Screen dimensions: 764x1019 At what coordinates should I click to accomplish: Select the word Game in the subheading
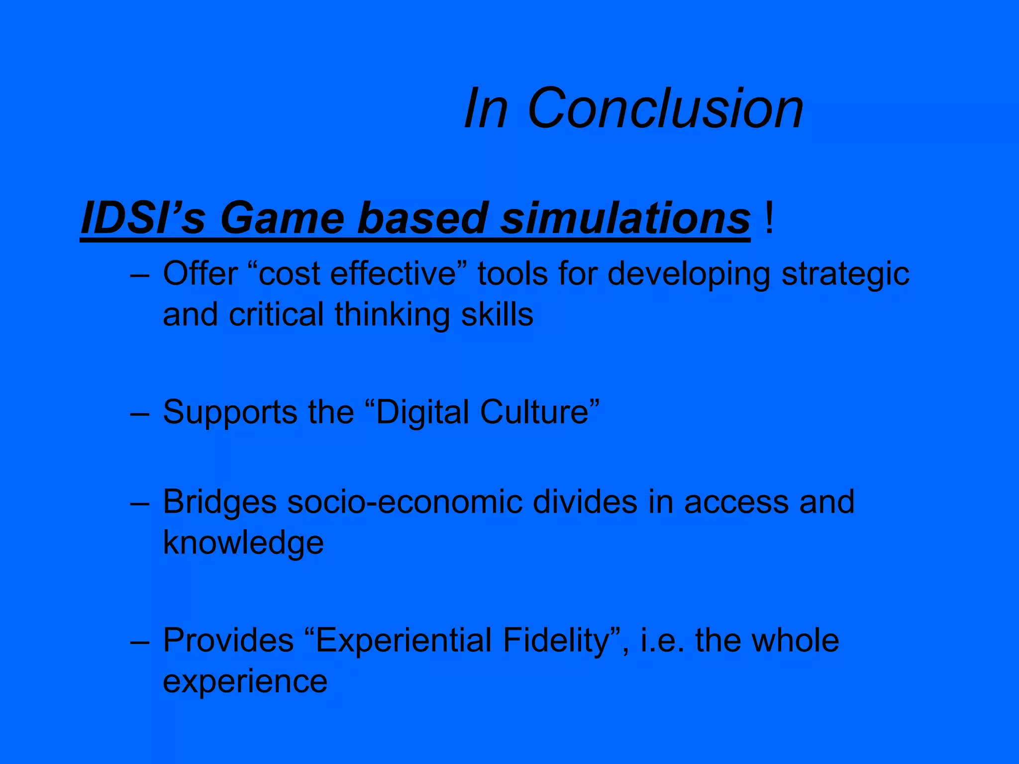(x=282, y=218)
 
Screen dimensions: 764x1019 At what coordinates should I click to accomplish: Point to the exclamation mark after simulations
(x=769, y=218)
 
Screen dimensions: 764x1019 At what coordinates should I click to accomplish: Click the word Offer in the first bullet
(x=200, y=274)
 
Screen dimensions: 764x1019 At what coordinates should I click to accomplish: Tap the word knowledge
(x=243, y=543)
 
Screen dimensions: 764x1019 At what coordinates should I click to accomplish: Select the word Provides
(x=228, y=640)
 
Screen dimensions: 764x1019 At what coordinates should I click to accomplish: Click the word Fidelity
(x=556, y=641)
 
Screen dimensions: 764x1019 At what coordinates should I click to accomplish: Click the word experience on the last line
(x=245, y=682)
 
